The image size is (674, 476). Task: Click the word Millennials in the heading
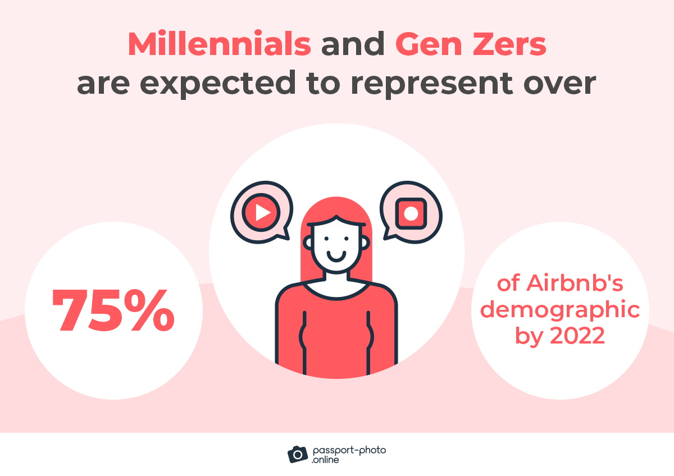[x=219, y=44]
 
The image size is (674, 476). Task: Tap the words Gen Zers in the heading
[x=471, y=44]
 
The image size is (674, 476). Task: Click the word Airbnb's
[x=575, y=283]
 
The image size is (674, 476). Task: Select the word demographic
[x=561, y=310]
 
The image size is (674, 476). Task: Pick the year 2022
[x=577, y=336]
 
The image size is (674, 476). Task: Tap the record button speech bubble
[x=411, y=212]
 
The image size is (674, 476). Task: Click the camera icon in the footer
[x=298, y=454]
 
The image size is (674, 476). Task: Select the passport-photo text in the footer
[x=348, y=450]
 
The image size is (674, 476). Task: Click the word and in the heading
[x=353, y=44]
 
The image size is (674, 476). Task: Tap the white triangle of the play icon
[x=262, y=212]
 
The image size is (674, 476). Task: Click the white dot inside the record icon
[x=411, y=213]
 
